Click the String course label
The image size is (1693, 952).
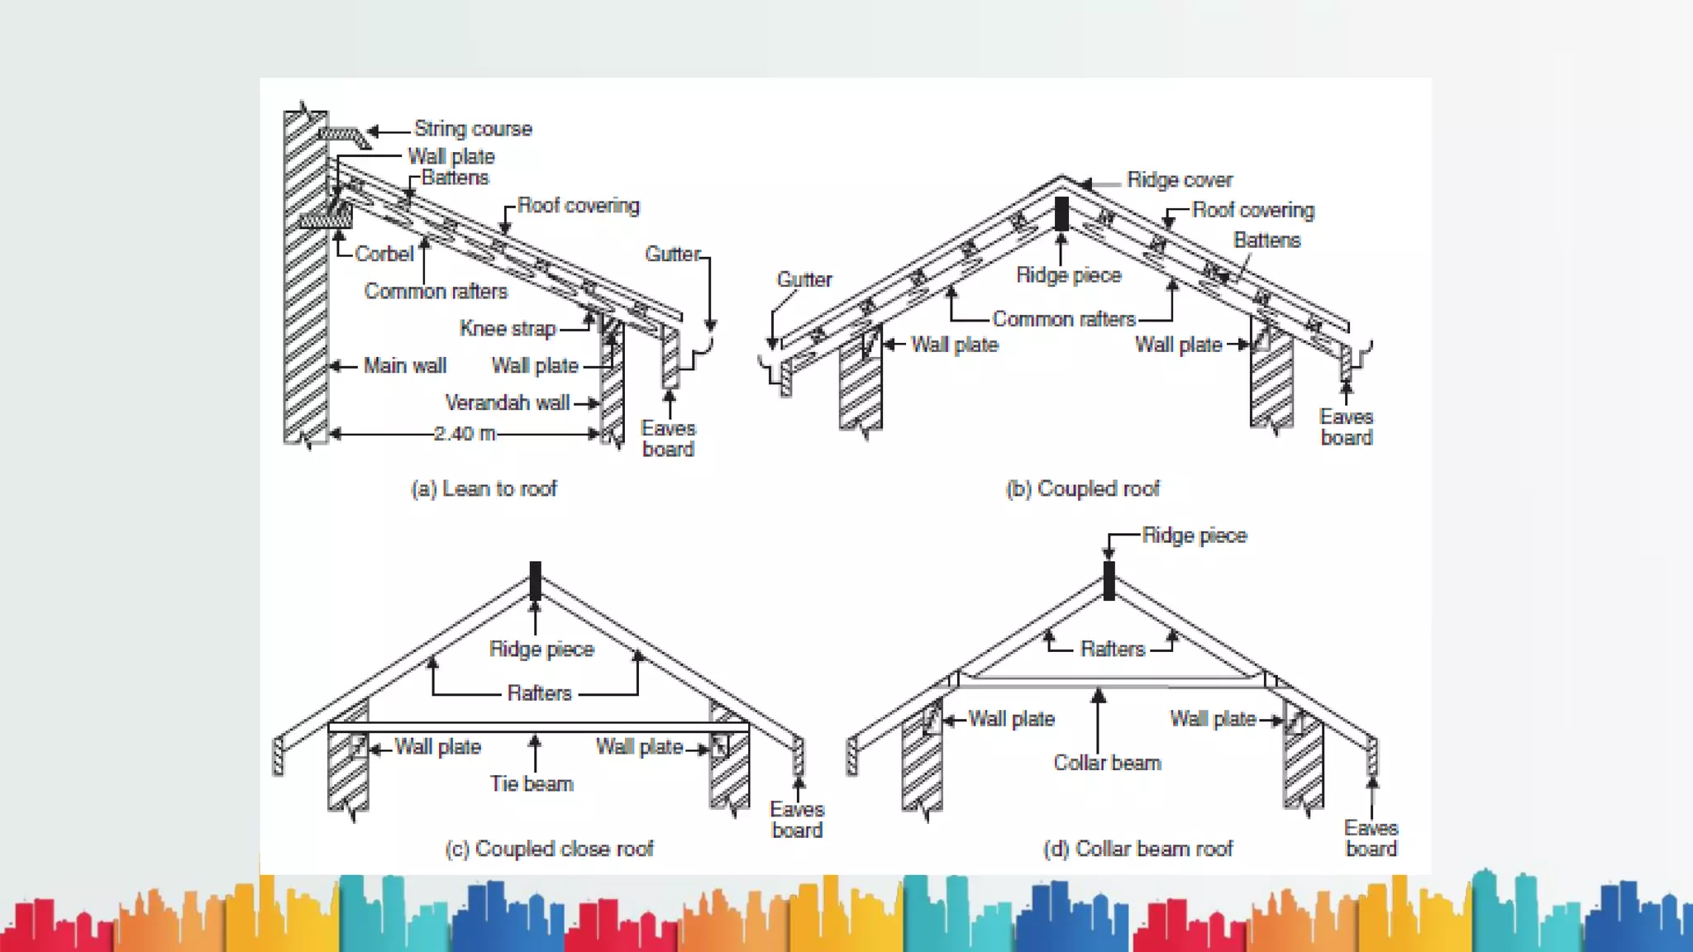pos(473,129)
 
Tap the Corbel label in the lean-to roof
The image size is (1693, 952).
pos(384,254)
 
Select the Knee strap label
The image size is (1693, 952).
pos(508,329)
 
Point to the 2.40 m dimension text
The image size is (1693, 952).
pos(465,434)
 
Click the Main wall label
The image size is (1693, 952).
pos(405,365)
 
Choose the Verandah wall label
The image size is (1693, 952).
pos(508,402)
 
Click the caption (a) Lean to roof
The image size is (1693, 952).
pos(484,488)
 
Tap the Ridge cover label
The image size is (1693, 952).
pos(1180,180)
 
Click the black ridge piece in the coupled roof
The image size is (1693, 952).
pos(1062,213)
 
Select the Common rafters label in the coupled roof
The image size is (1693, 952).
pos(1064,319)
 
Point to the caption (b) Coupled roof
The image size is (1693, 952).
pos(1082,488)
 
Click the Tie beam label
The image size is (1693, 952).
pos(532,783)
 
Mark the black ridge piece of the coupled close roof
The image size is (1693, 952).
pos(536,580)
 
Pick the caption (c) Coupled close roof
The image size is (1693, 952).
pos(550,849)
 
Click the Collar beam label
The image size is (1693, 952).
pos(1107,763)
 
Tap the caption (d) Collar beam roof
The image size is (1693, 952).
pos(1137,849)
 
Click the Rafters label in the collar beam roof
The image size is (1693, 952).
pos(1113,650)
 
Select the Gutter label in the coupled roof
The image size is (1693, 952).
pos(804,280)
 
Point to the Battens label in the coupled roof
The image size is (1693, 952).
pos(1266,240)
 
